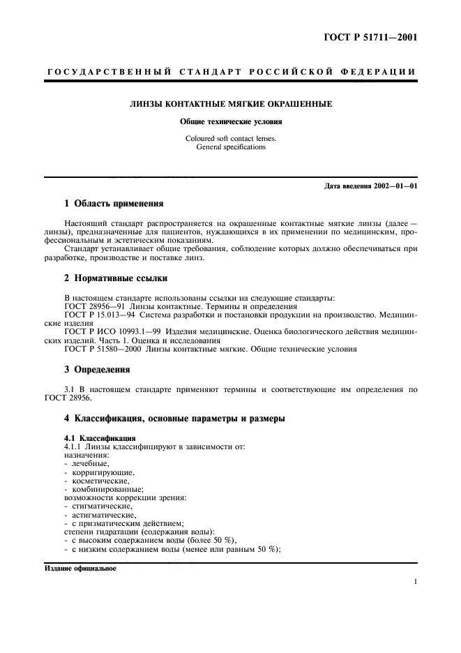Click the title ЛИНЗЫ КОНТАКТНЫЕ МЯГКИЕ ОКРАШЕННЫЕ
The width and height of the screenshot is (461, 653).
231,104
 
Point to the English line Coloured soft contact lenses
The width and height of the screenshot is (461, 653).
231,138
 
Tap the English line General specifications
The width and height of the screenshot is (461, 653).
231,147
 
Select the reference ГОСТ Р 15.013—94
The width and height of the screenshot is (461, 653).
101,315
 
